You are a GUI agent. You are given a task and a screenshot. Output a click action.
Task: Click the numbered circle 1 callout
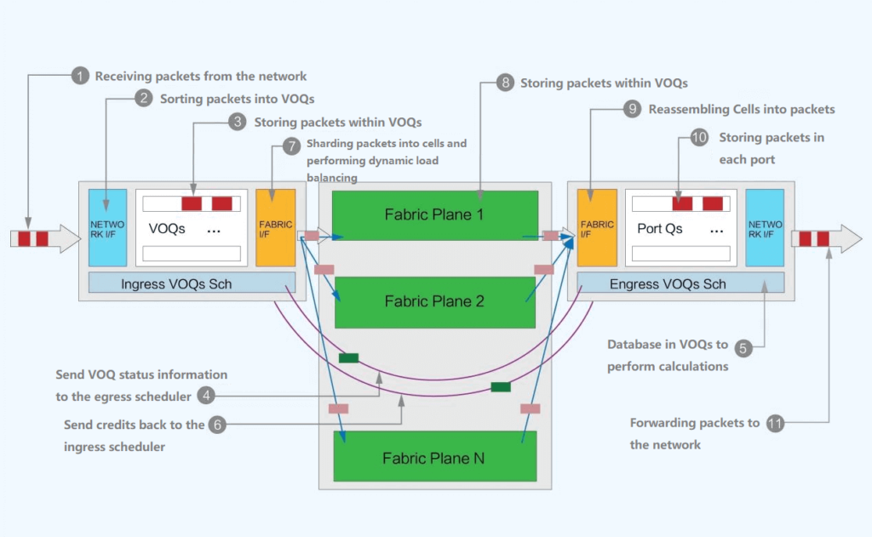click(x=79, y=77)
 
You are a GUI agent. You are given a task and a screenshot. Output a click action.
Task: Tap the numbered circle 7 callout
click(x=291, y=146)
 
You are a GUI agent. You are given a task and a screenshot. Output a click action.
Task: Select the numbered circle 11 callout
click(x=775, y=424)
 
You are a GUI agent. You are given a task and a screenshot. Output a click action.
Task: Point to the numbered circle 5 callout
click(x=743, y=347)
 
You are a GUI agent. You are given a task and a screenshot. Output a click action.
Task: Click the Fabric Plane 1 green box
click(x=434, y=215)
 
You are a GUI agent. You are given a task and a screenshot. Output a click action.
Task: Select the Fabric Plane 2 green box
click(x=434, y=302)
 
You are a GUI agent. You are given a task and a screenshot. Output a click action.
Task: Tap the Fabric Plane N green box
click(x=434, y=458)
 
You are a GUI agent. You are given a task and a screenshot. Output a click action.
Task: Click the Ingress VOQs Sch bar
click(x=192, y=283)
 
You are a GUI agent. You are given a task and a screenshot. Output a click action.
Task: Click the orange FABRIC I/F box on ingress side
click(x=275, y=227)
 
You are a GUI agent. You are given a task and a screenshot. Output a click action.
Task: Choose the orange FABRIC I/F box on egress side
click(x=596, y=227)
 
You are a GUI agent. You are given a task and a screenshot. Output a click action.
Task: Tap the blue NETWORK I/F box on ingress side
click(x=107, y=227)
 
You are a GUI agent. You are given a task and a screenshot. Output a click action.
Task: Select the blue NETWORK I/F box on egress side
click(x=764, y=227)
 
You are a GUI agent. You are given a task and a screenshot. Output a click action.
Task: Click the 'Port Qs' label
click(x=660, y=229)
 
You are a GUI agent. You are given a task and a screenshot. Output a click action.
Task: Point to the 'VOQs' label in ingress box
click(x=167, y=229)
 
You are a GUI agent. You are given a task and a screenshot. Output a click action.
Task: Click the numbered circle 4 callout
click(x=205, y=396)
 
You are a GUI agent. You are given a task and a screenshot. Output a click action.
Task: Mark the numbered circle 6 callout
click(x=219, y=424)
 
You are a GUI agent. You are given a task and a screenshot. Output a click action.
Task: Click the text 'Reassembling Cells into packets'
click(x=741, y=110)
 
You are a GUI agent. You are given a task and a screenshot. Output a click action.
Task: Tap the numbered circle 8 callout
click(x=505, y=83)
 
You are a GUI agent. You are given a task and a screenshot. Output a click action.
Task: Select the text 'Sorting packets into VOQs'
click(x=237, y=100)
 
